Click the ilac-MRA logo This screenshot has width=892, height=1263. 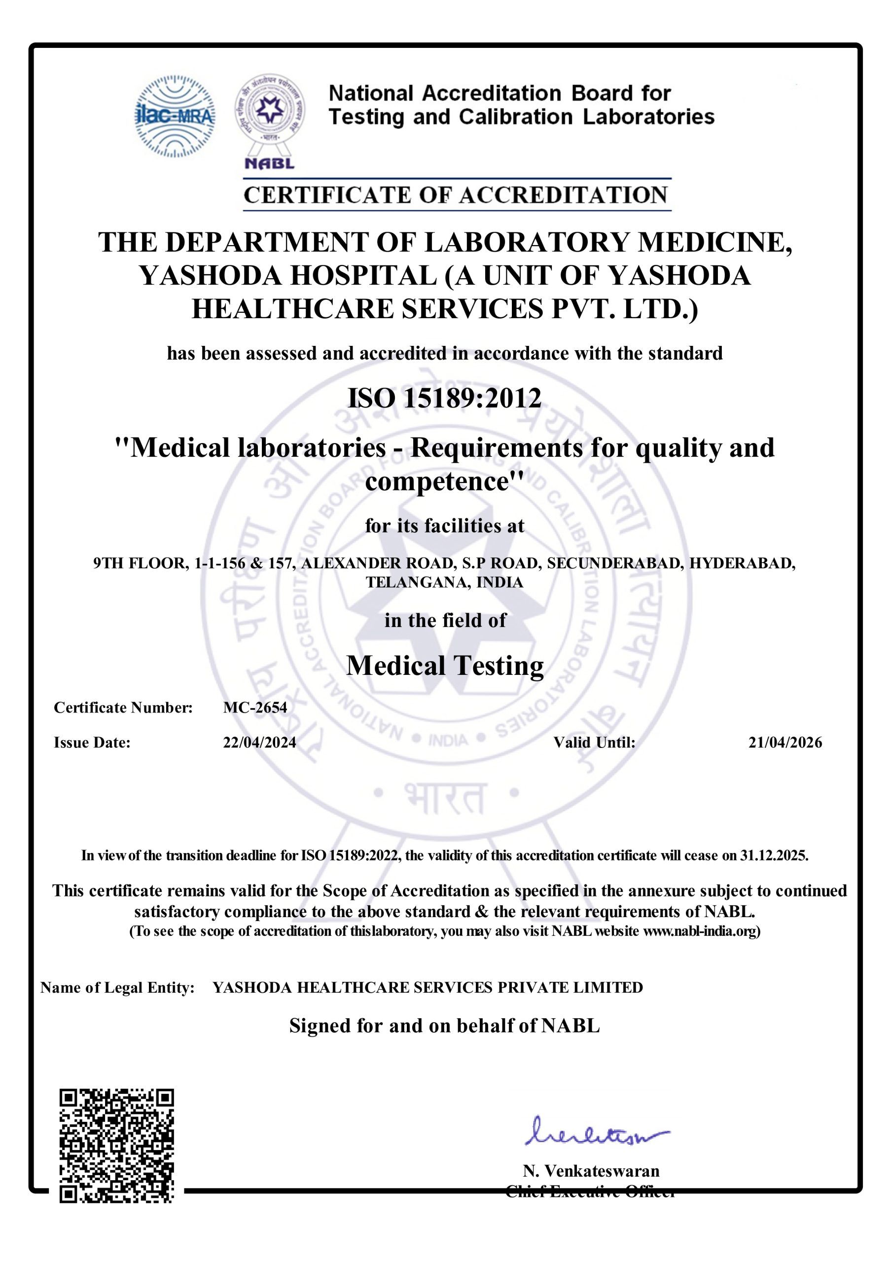pos(175,116)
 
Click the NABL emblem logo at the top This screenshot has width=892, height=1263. pos(269,121)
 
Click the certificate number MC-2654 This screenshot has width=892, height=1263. pos(255,707)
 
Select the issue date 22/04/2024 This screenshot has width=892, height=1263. pos(259,743)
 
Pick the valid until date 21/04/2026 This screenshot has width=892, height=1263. pos(785,743)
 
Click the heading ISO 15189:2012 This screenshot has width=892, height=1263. pos(444,398)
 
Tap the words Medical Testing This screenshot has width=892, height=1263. pos(445,666)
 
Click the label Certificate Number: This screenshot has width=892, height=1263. pos(123,707)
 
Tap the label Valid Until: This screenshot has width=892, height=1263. pos(594,743)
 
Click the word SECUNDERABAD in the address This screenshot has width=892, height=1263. pos(615,563)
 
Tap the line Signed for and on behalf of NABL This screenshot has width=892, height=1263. pos(444,1026)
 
